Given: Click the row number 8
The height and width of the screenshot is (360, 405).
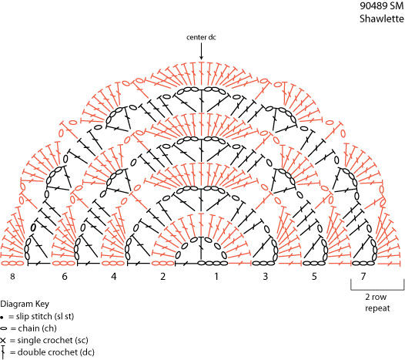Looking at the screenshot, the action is (x=12, y=277).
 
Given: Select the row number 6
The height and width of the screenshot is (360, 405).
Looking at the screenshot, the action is (x=65, y=277).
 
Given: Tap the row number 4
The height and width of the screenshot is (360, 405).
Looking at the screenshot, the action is (x=114, y=277).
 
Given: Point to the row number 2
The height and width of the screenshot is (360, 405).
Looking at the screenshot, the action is (x=162, y=277).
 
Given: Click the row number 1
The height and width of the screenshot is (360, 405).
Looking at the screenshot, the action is (x=216, y=277).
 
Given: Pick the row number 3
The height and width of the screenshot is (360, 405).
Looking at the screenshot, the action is (x=266, y=277).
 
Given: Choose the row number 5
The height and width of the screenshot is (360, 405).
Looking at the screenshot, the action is (x=314, y=277).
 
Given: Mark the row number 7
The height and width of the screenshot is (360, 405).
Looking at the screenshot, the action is (x=363, y=277).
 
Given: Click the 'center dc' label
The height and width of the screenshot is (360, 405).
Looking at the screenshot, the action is (x=201, y=37).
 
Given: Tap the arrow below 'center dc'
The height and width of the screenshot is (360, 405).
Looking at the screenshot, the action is (x=201, y=51).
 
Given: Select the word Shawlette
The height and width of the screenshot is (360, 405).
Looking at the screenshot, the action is (x=382, y=19).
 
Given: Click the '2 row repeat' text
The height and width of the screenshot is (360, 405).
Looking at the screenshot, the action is (x=377, y=303).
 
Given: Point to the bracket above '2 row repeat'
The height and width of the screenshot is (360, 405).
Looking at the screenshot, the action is (x=377, y=289).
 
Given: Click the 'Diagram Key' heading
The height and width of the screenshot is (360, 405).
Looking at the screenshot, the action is (x=25, y=304).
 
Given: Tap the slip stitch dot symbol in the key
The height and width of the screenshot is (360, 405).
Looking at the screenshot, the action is (x=2, y=317).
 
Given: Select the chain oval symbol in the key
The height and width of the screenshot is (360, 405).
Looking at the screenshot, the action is (x=3, y=328).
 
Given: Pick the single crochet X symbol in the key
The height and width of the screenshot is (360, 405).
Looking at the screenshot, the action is (x=3, y=341).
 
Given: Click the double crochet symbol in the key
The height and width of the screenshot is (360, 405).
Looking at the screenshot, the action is (x=3, y=352).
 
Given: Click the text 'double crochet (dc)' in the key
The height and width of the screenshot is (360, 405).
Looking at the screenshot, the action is (x=56, y=352).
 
